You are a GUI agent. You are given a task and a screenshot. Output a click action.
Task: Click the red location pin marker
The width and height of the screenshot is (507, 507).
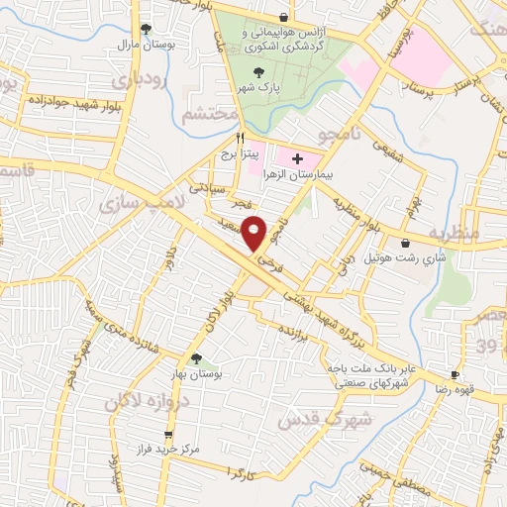(x=255, y=233)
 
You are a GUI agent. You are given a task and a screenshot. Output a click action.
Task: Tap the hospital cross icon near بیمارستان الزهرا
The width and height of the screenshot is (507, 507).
(x=297, y=158)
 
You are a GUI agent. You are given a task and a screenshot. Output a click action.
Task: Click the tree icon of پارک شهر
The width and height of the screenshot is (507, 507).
(x=259, y=71)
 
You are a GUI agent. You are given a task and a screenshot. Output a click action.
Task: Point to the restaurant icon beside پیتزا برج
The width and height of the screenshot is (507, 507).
(x=227, y=140)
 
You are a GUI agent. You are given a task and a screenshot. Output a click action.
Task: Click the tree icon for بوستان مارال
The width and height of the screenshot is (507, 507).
(x=146, y=29)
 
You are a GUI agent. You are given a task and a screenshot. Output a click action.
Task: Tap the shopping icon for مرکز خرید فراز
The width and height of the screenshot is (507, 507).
(x=169, y=435)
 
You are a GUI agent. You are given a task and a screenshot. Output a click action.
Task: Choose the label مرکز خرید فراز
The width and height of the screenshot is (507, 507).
(x=169, y=450)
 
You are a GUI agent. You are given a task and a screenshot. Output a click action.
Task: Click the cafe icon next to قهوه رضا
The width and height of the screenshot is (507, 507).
(x=455, y=375)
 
